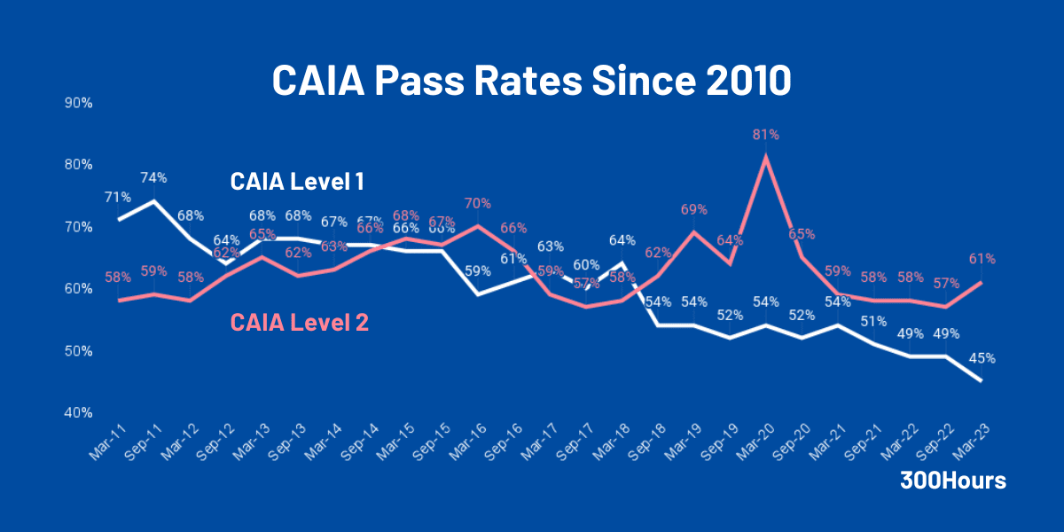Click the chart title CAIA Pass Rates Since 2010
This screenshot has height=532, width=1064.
(x=531, y=81)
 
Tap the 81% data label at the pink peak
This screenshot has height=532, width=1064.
(x=766, y=135)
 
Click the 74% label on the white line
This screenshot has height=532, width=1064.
(x=154, y=177)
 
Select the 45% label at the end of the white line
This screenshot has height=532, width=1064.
(x=982, y=358)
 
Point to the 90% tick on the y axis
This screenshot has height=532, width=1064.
(x=79, y=103)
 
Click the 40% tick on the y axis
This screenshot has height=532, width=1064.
(x=79, y=413)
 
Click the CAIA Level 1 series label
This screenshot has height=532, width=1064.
(x=297, y=182)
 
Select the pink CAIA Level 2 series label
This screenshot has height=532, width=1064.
(x=299, y=323)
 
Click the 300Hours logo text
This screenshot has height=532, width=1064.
(x=953, y=481)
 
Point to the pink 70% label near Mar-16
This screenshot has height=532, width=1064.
(x=477, y=203)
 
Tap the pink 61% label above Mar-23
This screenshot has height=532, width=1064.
(x=982, y=259)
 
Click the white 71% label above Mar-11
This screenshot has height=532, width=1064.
(x=117, y=197)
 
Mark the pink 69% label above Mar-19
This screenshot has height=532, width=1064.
(x=694, y=209)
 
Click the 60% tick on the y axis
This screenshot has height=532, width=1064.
(x=79, y=289)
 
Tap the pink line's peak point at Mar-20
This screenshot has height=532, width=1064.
(x=766, y=157)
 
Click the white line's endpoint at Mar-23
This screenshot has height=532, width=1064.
(x=982, y=381)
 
